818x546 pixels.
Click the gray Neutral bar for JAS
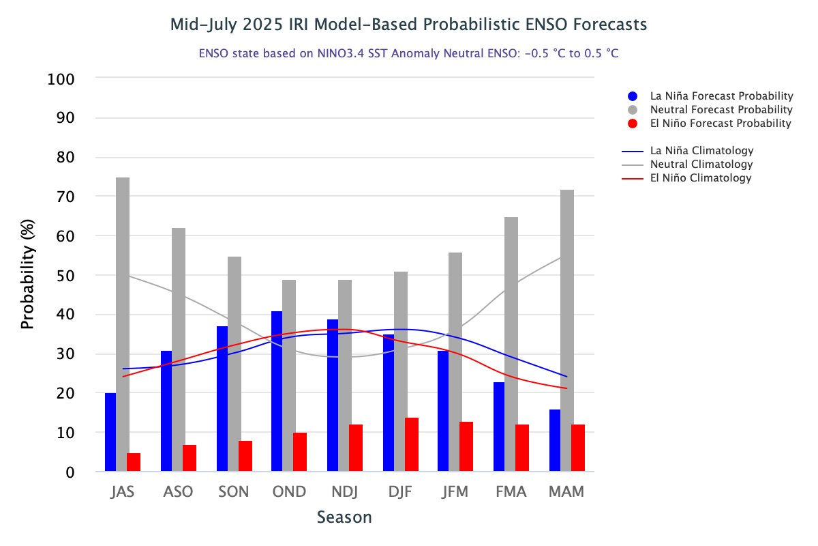click(123, 324)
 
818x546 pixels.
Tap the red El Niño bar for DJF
click(412, 444)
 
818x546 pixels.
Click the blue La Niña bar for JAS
click(110, 432)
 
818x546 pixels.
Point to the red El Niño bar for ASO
click(190, 458)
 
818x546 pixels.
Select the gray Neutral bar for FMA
click(511, 344)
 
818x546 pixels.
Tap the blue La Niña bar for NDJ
click(333, 395)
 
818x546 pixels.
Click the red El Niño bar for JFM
click(466, 446)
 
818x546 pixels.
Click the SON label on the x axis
click(233, 492)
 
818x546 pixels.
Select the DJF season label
click(399, 492)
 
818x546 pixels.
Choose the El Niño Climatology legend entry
click(701, 178)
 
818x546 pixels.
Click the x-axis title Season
click(344, 517)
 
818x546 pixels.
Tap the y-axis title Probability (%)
click(27, 275)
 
